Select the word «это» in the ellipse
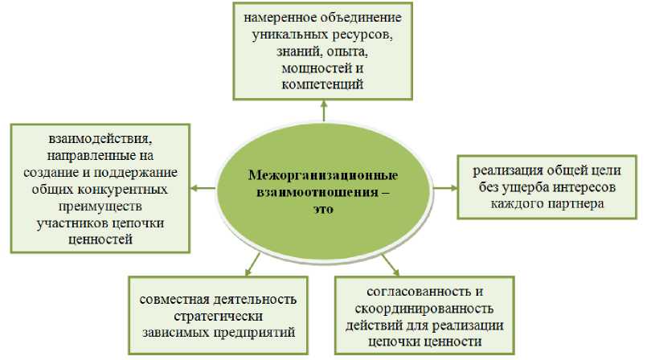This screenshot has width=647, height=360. coord(324,209)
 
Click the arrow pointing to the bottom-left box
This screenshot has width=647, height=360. coord(254,261)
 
